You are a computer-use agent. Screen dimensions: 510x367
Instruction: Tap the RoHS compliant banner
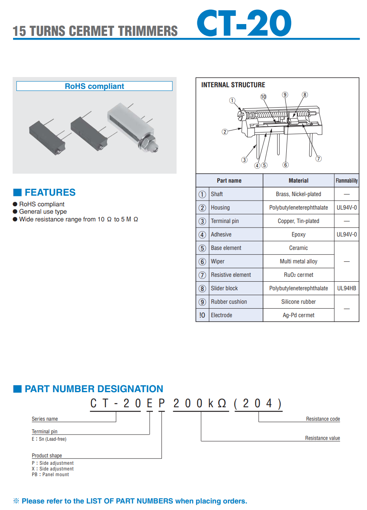pos(94,86)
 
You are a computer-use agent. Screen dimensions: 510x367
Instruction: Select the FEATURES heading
pos(50,192)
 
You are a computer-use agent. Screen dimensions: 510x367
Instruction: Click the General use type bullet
pos(43,212)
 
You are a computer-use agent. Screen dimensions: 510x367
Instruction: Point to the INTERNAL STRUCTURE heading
pos(233,85)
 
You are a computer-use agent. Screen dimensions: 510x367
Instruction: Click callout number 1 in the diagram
pos(232,100)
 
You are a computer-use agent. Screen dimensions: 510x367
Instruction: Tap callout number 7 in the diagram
pos(318,159)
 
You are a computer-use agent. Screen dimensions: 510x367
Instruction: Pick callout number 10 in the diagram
pos(263,97)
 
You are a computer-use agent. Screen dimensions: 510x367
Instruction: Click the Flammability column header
pos(347,181)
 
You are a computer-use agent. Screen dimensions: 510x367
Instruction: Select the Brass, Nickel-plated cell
pos(298,194)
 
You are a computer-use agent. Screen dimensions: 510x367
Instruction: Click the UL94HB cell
pos(347,288)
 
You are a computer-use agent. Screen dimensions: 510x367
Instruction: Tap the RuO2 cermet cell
pos(298,275)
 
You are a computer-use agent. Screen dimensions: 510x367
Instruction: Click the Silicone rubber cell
pos(298,302)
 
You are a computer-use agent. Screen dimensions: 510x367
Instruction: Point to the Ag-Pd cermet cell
pos(298,315)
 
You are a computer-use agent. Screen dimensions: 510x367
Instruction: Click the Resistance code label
pos(323,419)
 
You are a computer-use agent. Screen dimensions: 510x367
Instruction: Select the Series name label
pos(45,419)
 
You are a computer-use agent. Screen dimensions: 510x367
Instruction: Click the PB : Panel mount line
pos(51,475)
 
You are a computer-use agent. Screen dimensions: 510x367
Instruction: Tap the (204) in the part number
pos(258,404)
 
